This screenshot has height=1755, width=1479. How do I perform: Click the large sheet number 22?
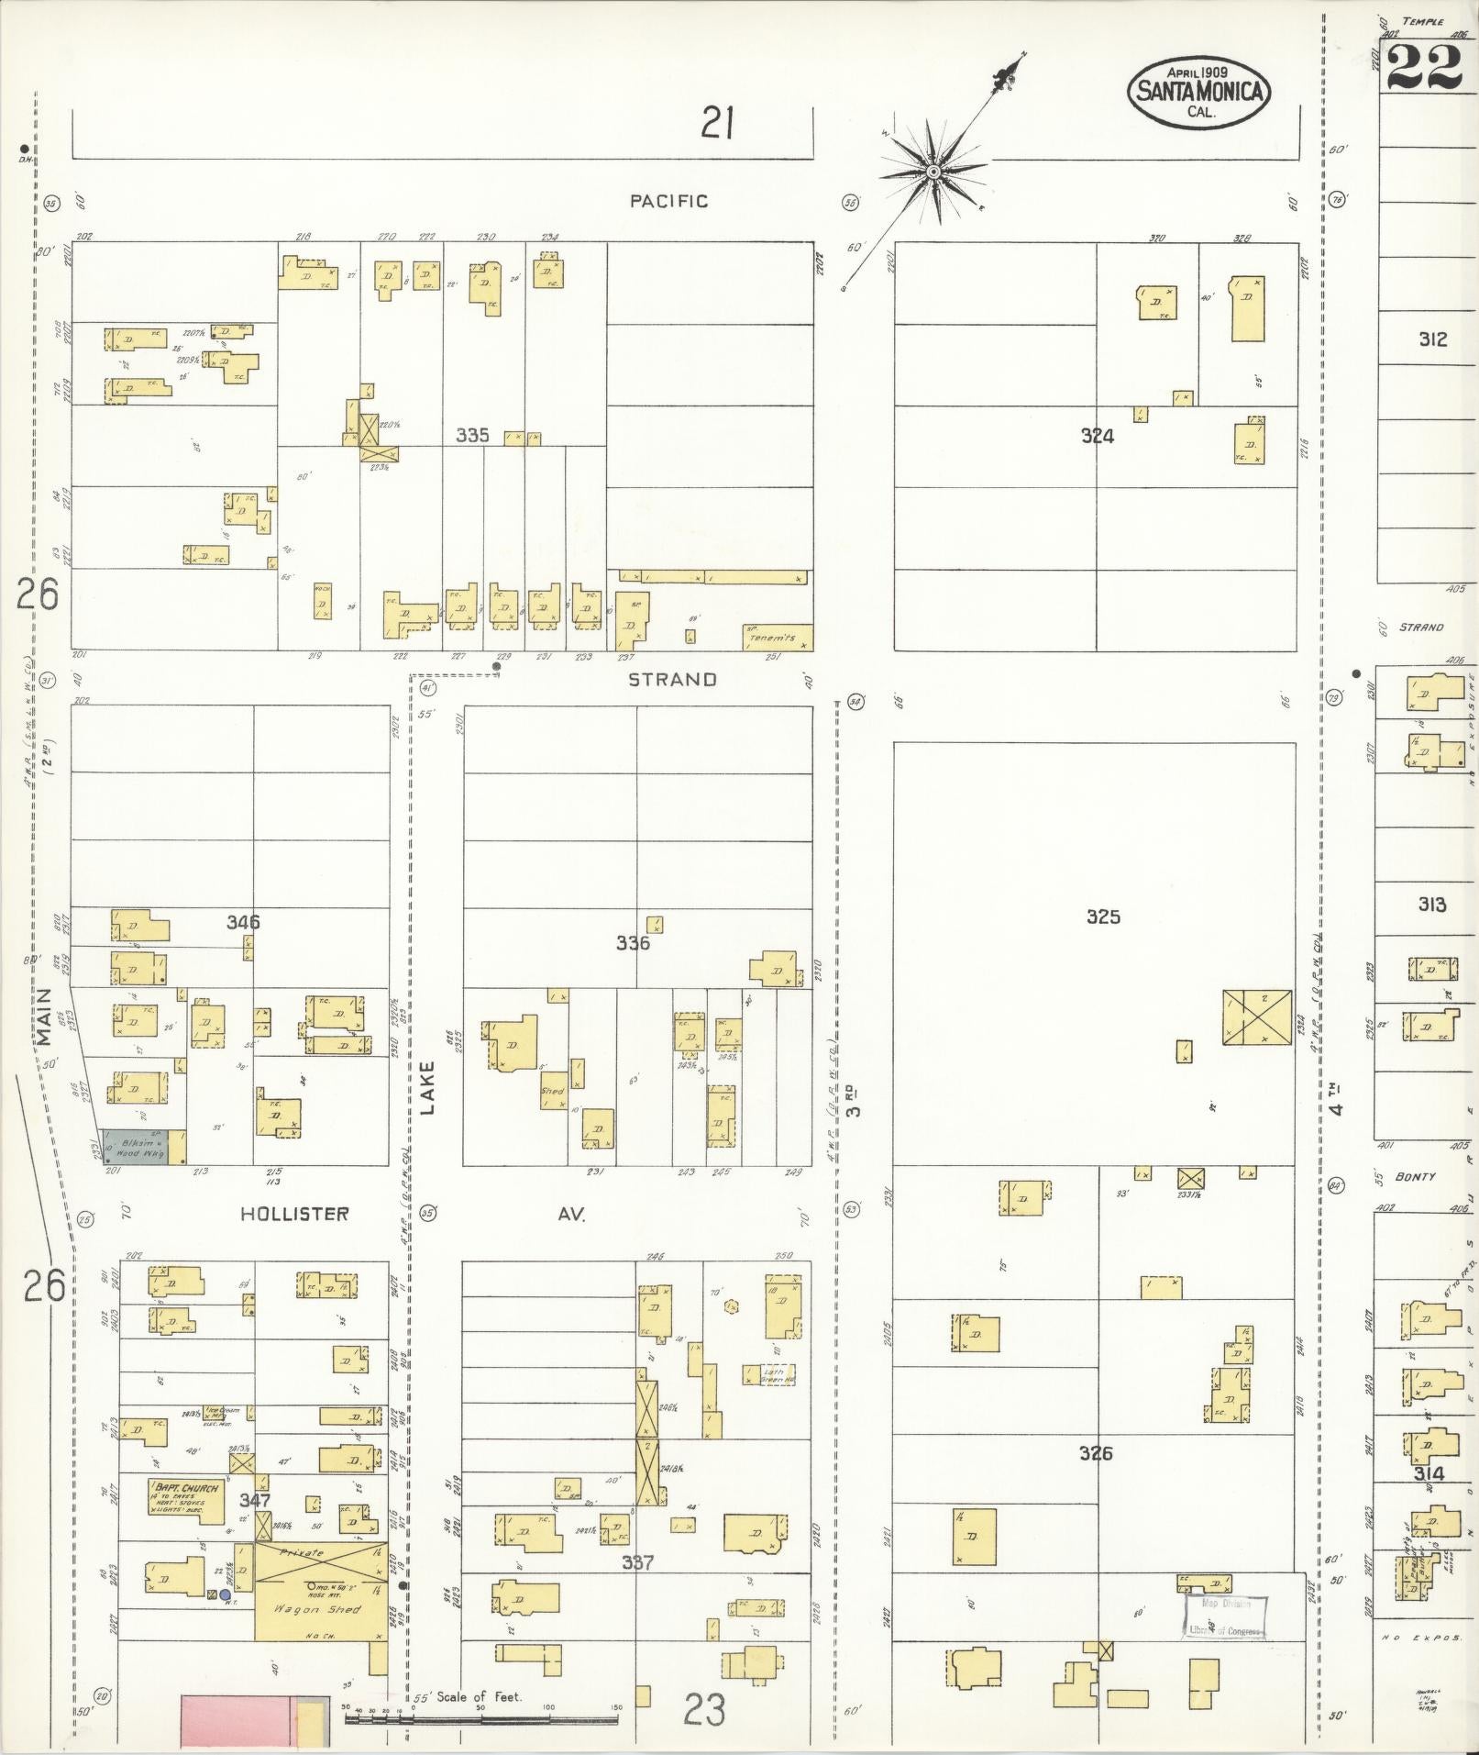click(x=1424, y=67)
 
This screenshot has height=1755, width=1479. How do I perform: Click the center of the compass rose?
click(x=933, y=172)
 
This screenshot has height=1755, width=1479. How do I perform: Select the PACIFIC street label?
click(x=668, y=201)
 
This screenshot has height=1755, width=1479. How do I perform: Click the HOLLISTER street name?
click(x=294, y=1214)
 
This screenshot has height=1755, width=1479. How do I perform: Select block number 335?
click(x=473, y=436)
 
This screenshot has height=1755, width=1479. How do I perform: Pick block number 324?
click(x=1097, y=437)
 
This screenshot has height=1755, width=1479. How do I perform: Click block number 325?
click(x=1103, y=916)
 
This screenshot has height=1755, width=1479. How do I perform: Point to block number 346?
click(x=243, y=922)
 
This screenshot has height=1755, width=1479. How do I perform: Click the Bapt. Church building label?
click(x=186, y=1488)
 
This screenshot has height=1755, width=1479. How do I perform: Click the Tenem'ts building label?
click(x=769, y=638)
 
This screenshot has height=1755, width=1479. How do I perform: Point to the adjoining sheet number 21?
click(x=717, y=122)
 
